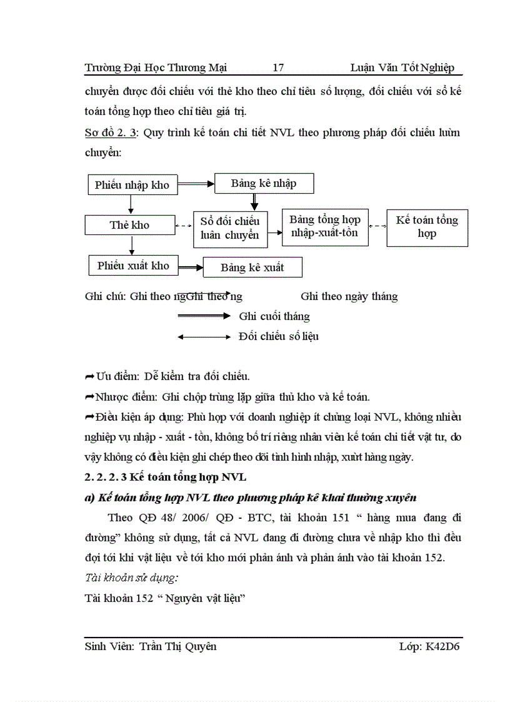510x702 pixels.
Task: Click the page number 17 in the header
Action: point(279,68)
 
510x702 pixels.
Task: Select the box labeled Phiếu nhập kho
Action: point(132,184)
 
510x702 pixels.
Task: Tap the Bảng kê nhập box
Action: point(264,184)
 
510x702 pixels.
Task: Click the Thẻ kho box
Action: point(129,225)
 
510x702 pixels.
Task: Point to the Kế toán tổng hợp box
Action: point(427,227)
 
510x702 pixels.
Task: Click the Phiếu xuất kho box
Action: point(133,265)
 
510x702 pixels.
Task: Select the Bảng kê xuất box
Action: point(252,268)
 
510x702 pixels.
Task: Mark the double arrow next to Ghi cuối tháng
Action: point(204,316)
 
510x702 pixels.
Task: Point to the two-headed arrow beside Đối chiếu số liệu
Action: point(204,337)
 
